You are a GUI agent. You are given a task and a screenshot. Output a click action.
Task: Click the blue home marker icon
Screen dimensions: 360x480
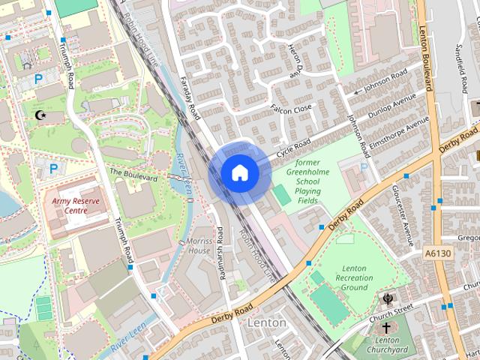coord(240,173)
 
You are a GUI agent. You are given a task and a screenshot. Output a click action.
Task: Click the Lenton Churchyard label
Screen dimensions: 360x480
coord(387,345)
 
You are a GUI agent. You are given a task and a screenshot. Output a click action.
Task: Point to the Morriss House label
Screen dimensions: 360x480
coord(199,245)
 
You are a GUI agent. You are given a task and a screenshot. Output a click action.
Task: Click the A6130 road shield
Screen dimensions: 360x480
coord(437,254)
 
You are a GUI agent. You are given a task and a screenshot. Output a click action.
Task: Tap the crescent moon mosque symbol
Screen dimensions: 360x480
coord(40,115)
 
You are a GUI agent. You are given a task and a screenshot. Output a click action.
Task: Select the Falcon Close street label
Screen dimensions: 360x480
coord(291,109)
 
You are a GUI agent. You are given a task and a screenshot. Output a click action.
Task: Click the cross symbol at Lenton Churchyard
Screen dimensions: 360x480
coord(387,328)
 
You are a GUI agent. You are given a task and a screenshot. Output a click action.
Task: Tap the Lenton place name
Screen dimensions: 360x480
coord(266,322)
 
